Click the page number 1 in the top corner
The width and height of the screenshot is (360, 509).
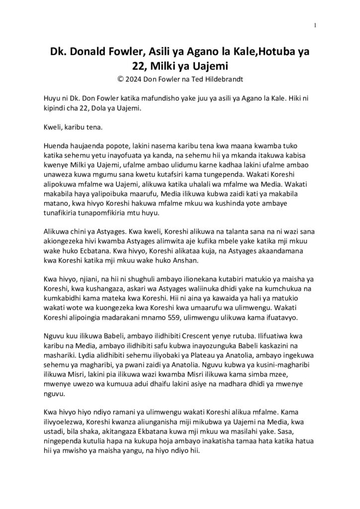point(315,25)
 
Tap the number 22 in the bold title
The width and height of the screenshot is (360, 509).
point(136,65)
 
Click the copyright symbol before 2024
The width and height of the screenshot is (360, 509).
point(119,78)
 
